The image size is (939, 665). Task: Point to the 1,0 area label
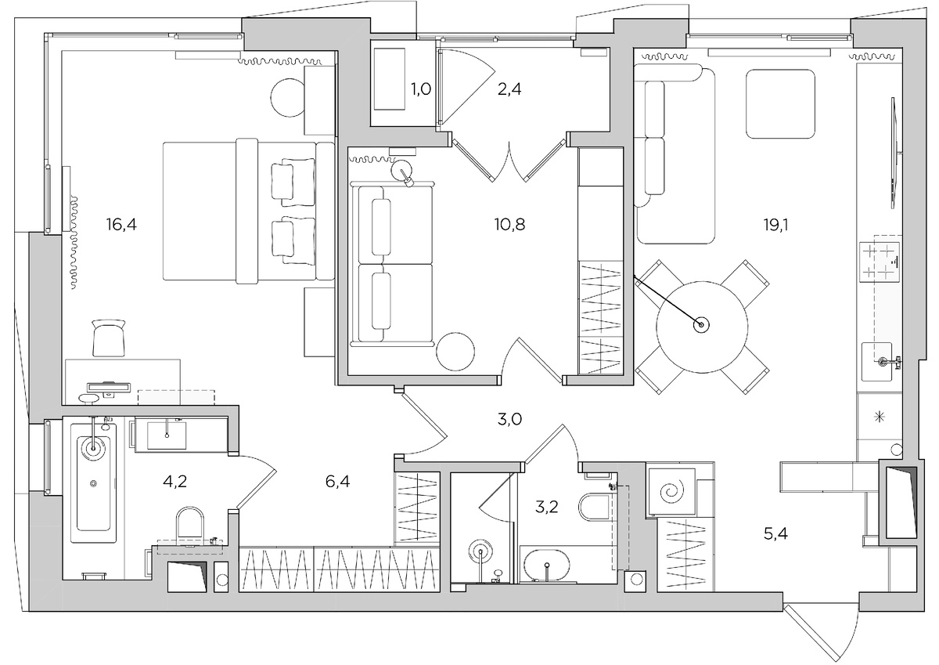[x=420, y=89]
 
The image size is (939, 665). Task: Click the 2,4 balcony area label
[x=509, y=89]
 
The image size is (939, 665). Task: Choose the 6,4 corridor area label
[x=337, y=481]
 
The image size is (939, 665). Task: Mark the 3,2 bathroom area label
[x=546, y=507]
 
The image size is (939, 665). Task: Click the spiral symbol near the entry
[x=672, y=493]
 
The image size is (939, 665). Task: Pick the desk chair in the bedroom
[x=109, y=338]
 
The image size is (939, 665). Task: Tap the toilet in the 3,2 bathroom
[x=593, y=508]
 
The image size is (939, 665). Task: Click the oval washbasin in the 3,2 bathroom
[x=548, y=566]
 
